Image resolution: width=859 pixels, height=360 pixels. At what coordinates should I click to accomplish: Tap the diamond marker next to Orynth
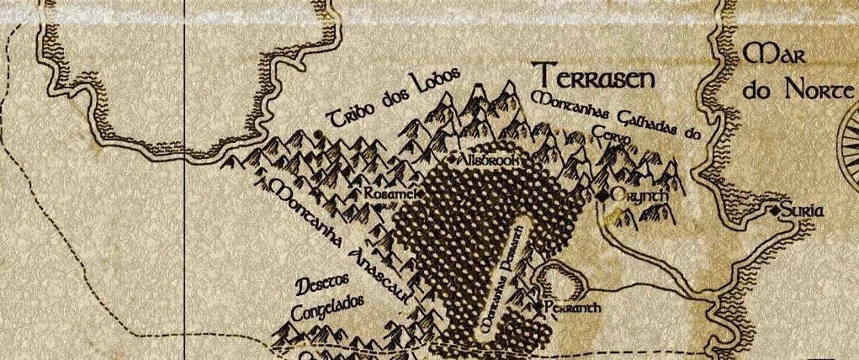603,195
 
